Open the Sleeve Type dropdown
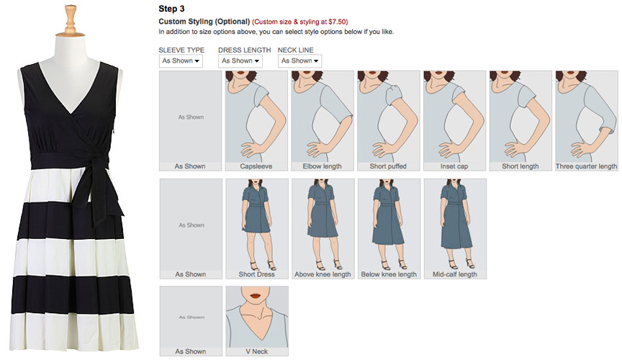click(x=181, y=61)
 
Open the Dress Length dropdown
click(x=240, y=61)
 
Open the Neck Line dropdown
click(x=299, y=61)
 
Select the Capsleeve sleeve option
click(x=256, y=121)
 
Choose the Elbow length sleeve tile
click(x=322, y=121)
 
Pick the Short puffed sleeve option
click(x=388, y=121)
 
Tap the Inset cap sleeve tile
click(x=454, y=121)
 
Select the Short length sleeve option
click(x=520, y=121)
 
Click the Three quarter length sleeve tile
click(x=587, y=121)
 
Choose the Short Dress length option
click(x=257, y=229)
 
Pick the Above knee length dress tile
click(x=323, y=229)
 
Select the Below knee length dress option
click(x=389, y=229)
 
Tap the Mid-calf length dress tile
click(x=455, y=229)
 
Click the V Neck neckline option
click(x=257, y=320)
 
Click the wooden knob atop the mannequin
click(x=71, y=20)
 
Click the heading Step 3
click(x=171, y=9)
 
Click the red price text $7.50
click(x=338, y=22)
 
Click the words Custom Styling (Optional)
click(x=204, y=22)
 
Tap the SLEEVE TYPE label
click(x=181, y=50)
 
